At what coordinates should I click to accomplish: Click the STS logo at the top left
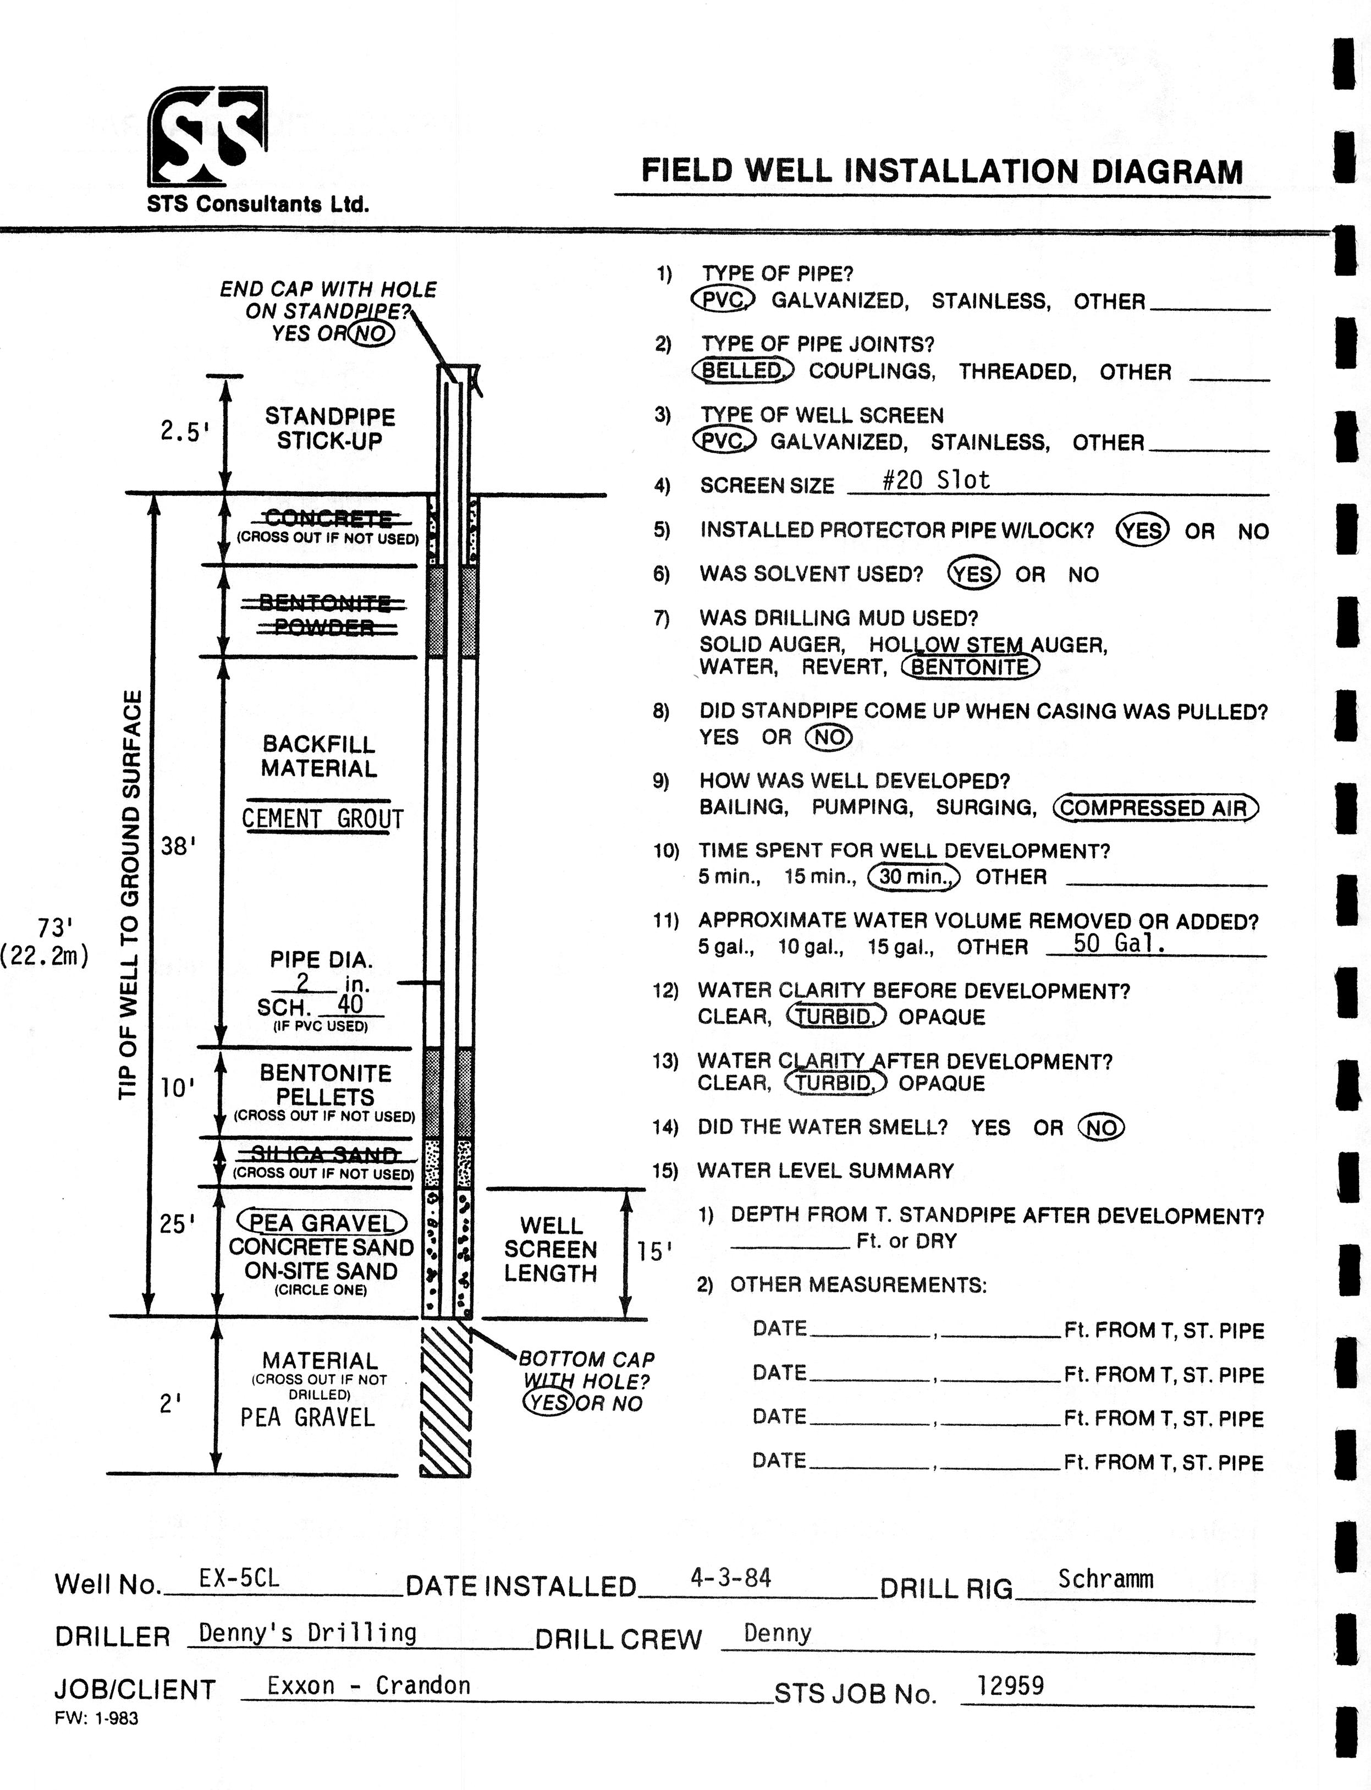207,136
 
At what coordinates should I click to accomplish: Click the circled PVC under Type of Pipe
724,300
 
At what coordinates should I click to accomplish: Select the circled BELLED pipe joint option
742,371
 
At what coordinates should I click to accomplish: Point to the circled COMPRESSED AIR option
1155,808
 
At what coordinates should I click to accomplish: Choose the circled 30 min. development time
914,877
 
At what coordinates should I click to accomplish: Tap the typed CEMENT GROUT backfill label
322,819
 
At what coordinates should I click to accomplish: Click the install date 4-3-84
730,1578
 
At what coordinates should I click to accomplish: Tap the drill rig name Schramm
1106,1579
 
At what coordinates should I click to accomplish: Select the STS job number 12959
1010,1685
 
